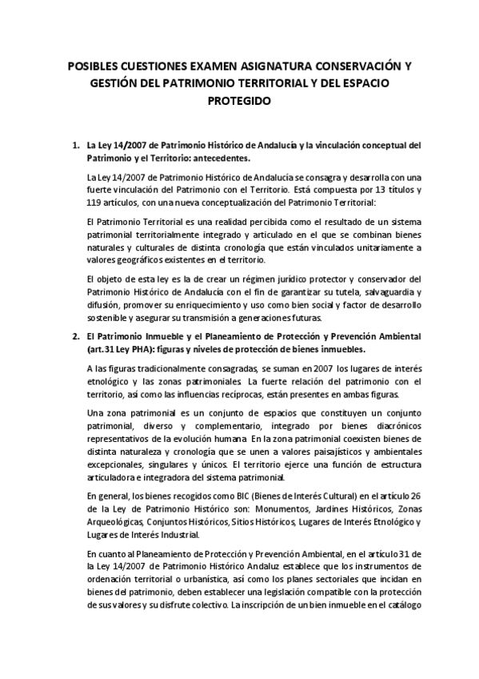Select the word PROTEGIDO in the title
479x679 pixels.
tap(240, 102)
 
